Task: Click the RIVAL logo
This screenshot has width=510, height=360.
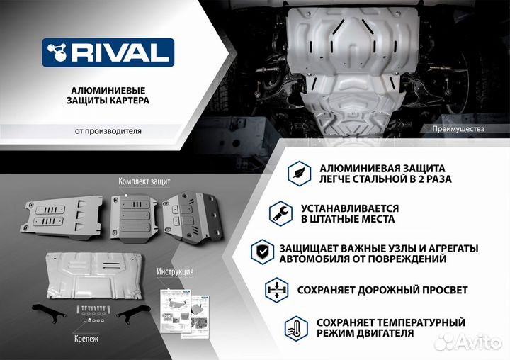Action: coord(107,52)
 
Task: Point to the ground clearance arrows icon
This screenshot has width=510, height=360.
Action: coord(275,291)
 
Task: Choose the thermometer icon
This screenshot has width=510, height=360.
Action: coord(293,327)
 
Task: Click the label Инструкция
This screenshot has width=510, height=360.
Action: coord(176,271)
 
